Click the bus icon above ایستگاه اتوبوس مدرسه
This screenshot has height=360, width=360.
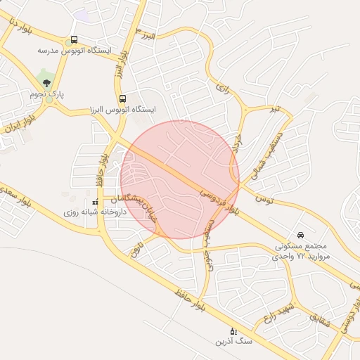(75, 40)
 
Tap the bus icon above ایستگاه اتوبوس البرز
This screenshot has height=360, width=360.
(123, 99)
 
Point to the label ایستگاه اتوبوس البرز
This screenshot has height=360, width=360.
(122, 110)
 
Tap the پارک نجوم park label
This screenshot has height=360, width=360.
(47, 93)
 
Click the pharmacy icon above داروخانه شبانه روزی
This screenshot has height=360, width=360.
(95, 202)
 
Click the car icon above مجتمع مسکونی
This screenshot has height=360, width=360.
(301, 235)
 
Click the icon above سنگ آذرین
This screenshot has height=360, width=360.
(234, 330)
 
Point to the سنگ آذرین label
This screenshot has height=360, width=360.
(234, 341)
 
